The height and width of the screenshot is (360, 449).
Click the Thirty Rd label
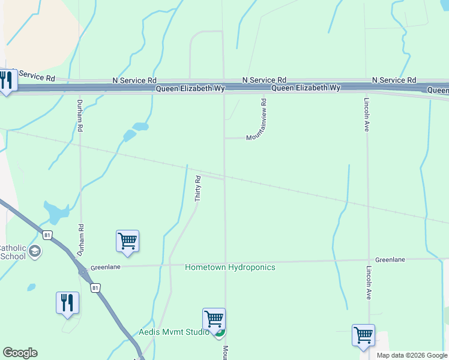coord(197,188)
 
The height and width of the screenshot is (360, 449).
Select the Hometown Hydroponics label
coord(230,267)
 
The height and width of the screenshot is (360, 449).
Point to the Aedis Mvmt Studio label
coord(173,332)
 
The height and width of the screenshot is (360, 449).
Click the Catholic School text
coord(13,252)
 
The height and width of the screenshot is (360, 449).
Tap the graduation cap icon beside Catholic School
coord(35,251)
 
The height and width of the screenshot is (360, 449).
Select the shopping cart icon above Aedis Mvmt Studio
coord(214,319)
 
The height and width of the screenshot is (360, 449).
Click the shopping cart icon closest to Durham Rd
coord(127,241)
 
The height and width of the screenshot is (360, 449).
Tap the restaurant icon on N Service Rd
coord(7,80)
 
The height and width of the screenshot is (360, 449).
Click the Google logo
coord(20,353)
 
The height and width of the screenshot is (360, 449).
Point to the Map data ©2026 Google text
coord(412,355)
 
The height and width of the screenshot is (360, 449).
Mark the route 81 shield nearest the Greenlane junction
coord(95,288)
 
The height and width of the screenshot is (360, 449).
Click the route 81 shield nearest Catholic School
coord(48,234)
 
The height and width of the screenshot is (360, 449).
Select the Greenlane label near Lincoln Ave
coord(390,260)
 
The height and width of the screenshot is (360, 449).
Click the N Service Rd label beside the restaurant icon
coord(36,77)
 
